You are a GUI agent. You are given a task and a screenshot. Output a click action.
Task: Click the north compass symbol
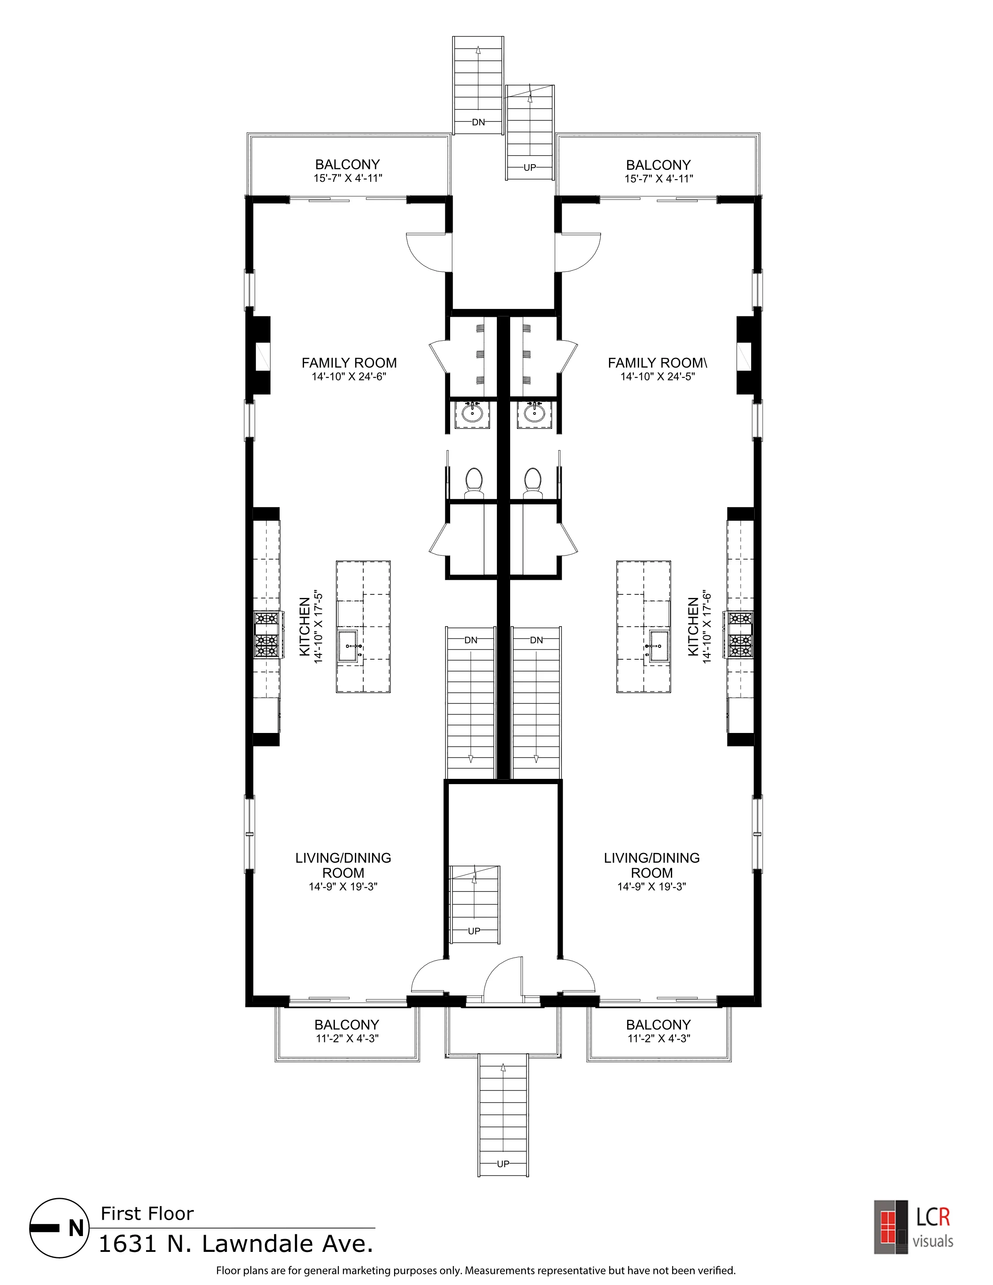point(60,1228)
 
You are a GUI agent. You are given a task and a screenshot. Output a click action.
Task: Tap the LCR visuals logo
point(913,1226)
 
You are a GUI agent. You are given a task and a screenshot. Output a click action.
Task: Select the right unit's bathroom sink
point(534,413)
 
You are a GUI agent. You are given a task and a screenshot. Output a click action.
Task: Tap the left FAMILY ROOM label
point(349,363)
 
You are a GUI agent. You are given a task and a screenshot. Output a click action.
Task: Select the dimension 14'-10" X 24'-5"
point(657,376)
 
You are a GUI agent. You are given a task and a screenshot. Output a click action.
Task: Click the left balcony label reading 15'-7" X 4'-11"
point(348,178)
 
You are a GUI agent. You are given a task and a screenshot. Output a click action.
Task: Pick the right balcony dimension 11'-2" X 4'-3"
point(658,1038)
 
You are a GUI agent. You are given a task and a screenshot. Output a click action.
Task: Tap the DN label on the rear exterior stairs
point(478,122)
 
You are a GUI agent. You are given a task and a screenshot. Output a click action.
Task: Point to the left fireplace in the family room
point(259,355)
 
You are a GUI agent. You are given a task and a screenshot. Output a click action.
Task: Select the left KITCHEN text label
point(305,627)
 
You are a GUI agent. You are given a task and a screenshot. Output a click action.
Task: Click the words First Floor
point(147,1213)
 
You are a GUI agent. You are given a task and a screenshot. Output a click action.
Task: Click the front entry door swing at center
point(504,981)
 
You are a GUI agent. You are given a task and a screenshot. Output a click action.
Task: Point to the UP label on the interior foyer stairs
point(474,931)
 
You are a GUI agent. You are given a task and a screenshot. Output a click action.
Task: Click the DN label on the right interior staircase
point(536,640)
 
